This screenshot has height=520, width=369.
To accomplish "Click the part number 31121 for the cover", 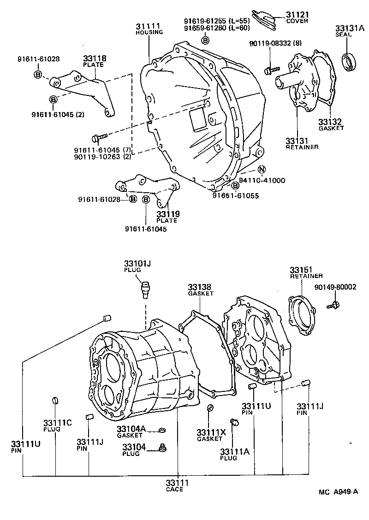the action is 298,15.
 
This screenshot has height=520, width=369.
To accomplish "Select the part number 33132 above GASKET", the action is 330,122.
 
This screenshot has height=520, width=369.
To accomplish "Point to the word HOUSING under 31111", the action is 149,32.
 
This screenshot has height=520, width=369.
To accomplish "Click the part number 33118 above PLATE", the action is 95,59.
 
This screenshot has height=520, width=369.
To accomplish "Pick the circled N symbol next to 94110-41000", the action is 262,170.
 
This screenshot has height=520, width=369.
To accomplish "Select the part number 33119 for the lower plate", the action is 168,214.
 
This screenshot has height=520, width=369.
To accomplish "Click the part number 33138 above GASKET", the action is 199,287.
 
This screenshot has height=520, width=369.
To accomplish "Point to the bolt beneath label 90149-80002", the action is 333,305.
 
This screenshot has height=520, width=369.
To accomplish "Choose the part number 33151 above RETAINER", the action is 301,270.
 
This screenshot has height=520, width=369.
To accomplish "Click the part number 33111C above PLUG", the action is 57,423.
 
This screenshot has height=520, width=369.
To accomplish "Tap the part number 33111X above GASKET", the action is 211,432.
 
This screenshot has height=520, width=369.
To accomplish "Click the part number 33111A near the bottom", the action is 235,451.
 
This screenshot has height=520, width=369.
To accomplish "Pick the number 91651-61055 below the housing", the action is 236,195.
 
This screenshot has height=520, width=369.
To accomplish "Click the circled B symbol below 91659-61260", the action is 206,41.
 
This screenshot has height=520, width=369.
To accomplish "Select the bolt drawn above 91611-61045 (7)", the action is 99,137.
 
